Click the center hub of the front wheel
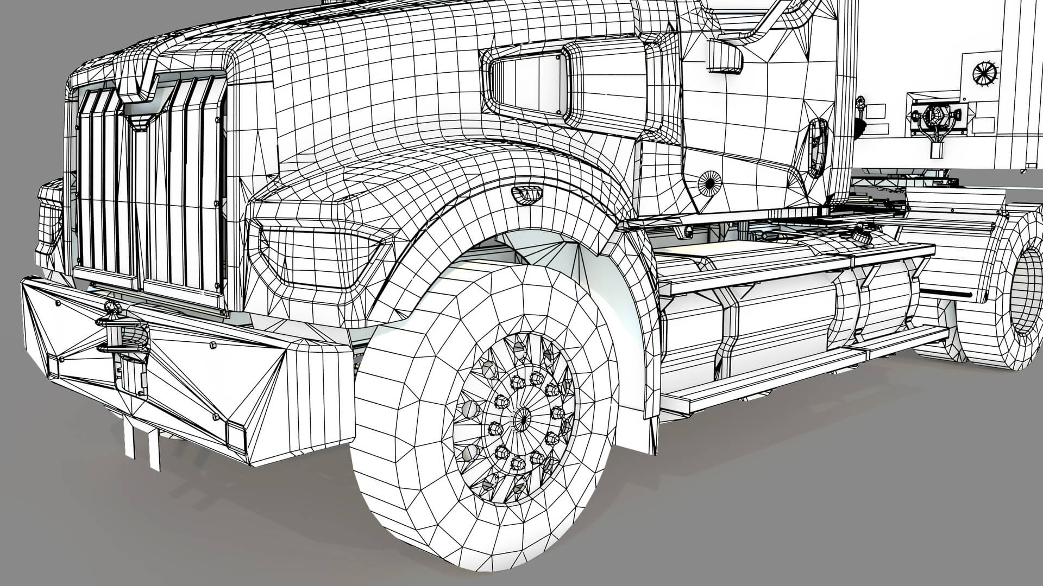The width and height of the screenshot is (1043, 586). click(x=522, y=417)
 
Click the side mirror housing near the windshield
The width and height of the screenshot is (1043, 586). click(x=724, y=56)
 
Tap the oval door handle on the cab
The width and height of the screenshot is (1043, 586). click(x=817, y=148)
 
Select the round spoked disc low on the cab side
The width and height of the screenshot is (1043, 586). click(x=709, y=183)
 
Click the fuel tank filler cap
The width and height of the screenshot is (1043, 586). click(x=859, y=237)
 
